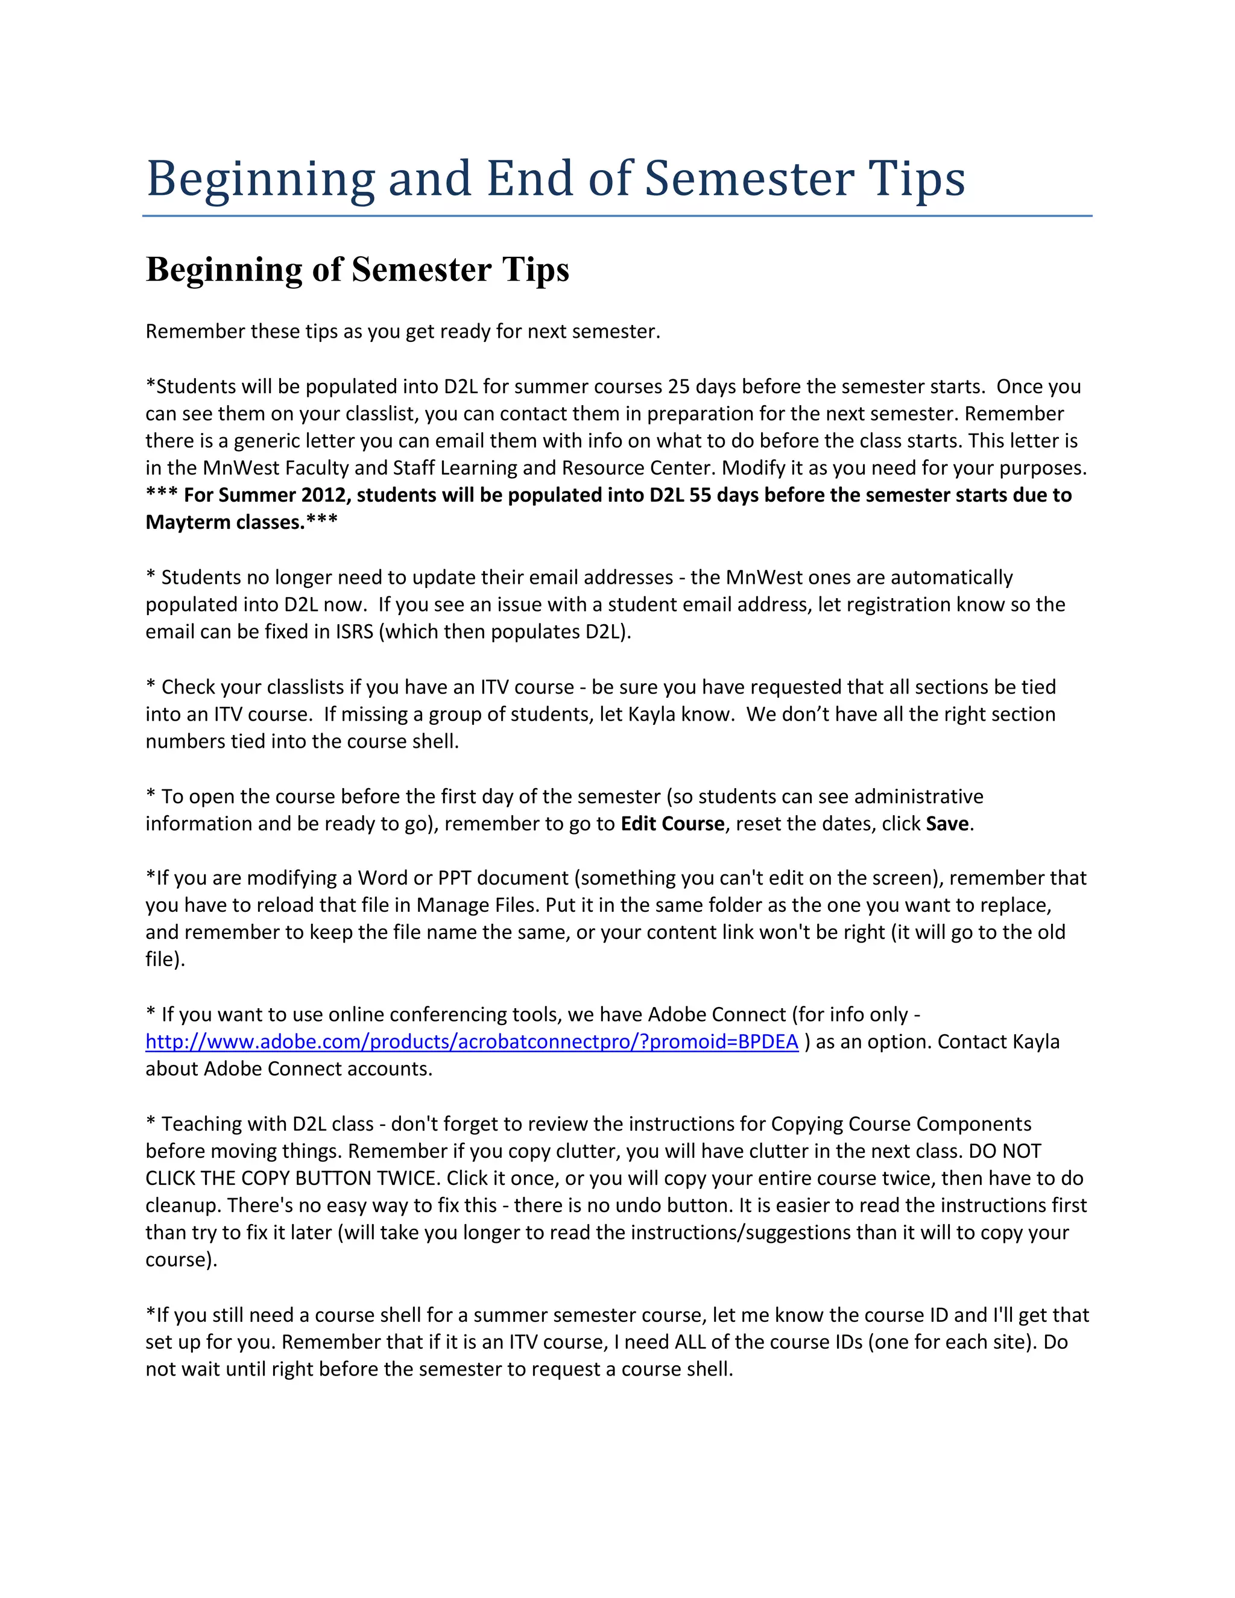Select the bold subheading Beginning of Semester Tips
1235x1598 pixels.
click(x=357, y=270)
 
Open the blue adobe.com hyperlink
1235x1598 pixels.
click(x=471, y=1042)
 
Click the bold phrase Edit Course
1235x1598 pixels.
click(x=672, y=824)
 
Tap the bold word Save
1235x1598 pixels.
click(x=947, y=824)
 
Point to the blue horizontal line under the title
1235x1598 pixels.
click(x=617, y=216)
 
